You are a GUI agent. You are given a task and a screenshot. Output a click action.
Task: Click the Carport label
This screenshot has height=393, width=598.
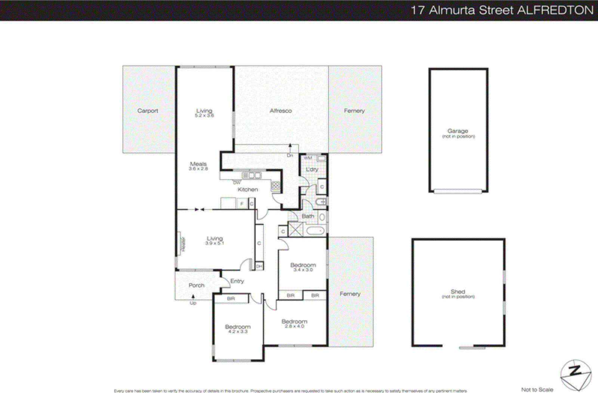148,111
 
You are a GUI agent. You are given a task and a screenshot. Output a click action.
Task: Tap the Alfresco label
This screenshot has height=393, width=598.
281,111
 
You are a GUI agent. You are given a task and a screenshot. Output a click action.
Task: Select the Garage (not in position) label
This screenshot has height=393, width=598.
458,133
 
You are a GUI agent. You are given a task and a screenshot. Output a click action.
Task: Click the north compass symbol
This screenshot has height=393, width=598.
576,375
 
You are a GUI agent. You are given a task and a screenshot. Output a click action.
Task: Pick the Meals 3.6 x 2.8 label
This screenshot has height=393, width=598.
198,166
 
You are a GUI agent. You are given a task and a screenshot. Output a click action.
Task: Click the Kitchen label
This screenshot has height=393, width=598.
248,189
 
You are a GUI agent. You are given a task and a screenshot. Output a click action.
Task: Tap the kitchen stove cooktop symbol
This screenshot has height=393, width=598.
276,185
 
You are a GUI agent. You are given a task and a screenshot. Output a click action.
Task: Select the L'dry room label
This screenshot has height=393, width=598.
312,169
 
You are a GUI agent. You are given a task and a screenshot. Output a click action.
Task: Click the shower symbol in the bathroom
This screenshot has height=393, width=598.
295,229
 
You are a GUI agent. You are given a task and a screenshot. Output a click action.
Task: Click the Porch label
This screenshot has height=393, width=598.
197,285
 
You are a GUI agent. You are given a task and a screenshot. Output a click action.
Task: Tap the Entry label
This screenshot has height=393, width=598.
237,281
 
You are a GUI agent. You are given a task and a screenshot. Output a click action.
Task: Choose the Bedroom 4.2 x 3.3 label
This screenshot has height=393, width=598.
238,329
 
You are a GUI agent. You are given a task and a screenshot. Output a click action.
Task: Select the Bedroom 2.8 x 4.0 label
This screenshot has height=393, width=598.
295,323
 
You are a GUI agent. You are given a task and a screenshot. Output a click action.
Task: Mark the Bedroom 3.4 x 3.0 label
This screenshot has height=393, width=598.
303,267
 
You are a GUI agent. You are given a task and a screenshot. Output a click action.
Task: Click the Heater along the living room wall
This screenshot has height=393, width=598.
182,244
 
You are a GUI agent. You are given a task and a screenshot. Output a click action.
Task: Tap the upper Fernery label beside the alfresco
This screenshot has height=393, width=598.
354,111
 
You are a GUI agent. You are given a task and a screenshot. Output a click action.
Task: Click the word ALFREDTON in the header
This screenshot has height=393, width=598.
556,10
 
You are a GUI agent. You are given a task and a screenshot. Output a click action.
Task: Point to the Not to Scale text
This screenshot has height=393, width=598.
537,389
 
